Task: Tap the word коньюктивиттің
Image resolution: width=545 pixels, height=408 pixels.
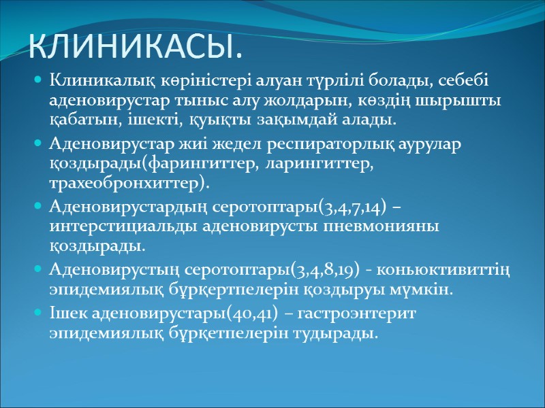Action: [461, 270]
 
